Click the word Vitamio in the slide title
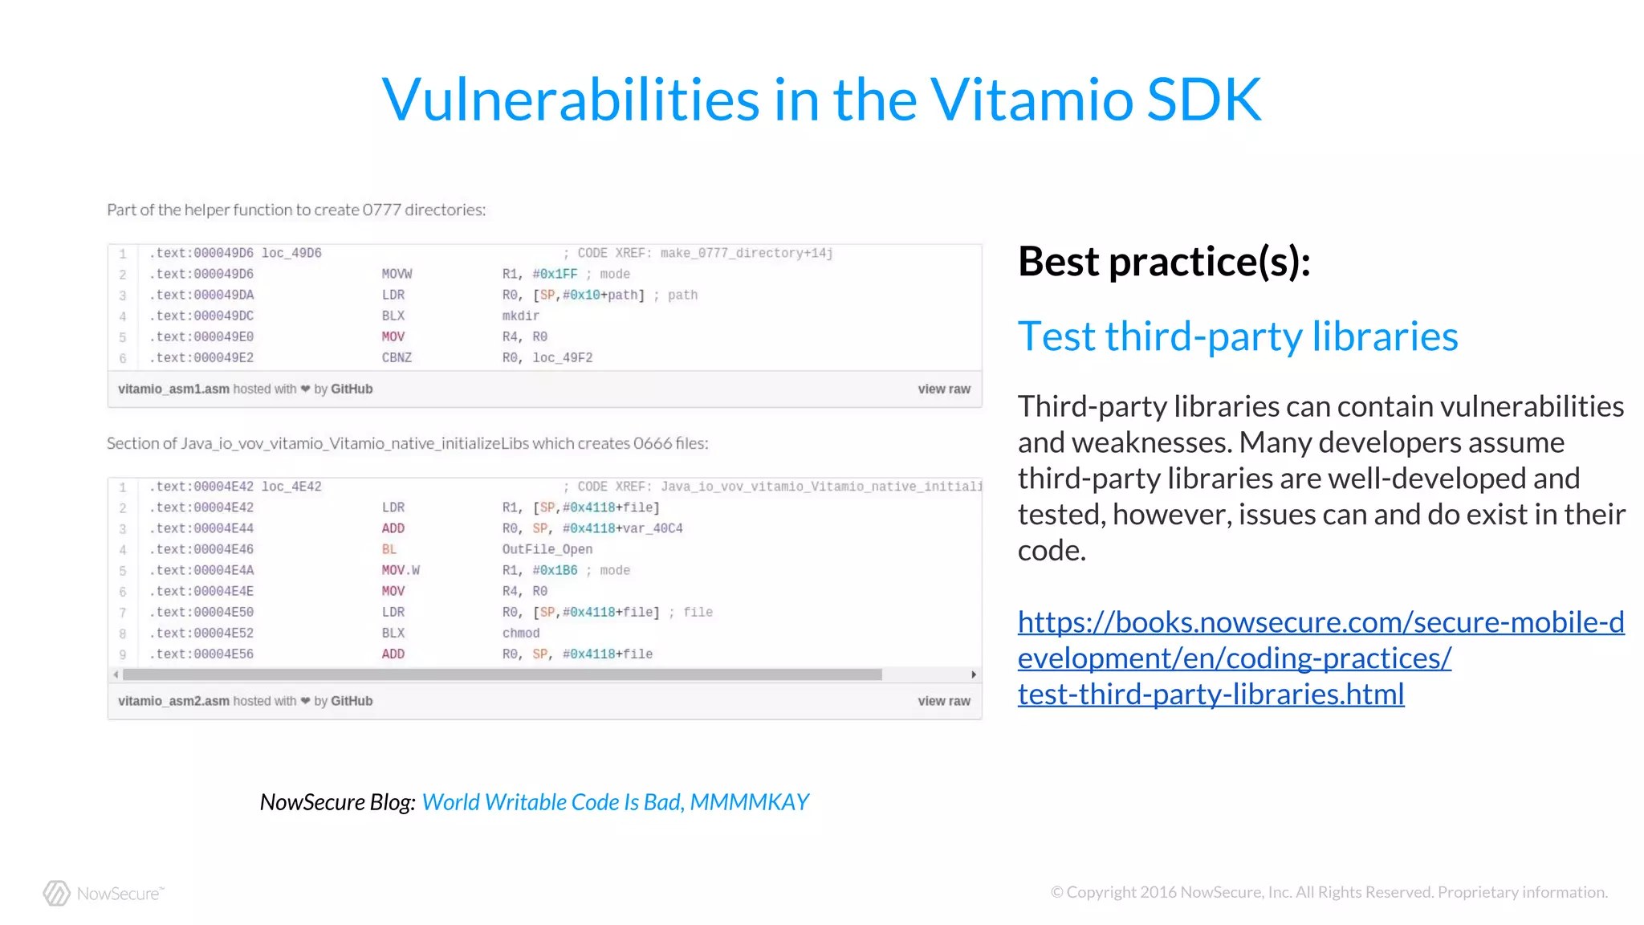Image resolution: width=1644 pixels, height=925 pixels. coord(1032,100)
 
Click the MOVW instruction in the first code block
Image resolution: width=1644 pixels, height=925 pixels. coord(397,274)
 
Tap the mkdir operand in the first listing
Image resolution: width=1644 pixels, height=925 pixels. coord(520,316)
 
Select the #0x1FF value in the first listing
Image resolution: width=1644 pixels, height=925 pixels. coord(555,274)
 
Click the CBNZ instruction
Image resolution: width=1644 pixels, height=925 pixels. coord(397,357)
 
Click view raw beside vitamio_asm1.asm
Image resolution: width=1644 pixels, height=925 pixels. coord(944,389)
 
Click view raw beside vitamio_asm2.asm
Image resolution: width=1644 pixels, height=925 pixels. coord(944,701)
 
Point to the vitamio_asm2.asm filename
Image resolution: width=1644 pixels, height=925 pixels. coord(173,701)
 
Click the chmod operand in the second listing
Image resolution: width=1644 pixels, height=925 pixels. coord(520,633)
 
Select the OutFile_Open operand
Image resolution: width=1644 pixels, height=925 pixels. coord(547,549)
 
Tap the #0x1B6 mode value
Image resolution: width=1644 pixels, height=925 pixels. coord(555,570)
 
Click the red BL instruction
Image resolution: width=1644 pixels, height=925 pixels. coord(389,549)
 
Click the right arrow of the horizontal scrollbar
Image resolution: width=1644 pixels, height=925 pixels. coord(973,674)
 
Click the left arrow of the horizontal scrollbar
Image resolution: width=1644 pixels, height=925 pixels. coord(116,674)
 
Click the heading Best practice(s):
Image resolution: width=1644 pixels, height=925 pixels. coord(1164,262)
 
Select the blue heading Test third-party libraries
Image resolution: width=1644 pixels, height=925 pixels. coord(1237,336)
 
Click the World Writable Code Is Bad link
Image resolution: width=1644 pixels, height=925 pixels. coord(615,802)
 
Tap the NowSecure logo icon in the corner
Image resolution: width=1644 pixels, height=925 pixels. coord(56,893)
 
